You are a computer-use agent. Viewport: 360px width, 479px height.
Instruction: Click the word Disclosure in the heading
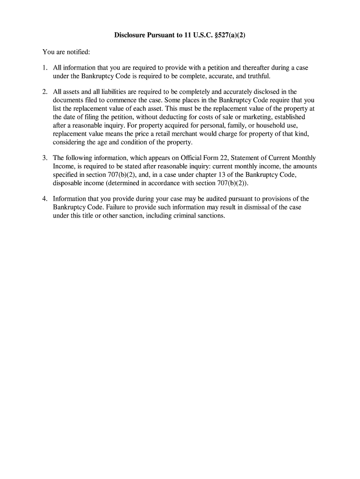coord(131,35)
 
